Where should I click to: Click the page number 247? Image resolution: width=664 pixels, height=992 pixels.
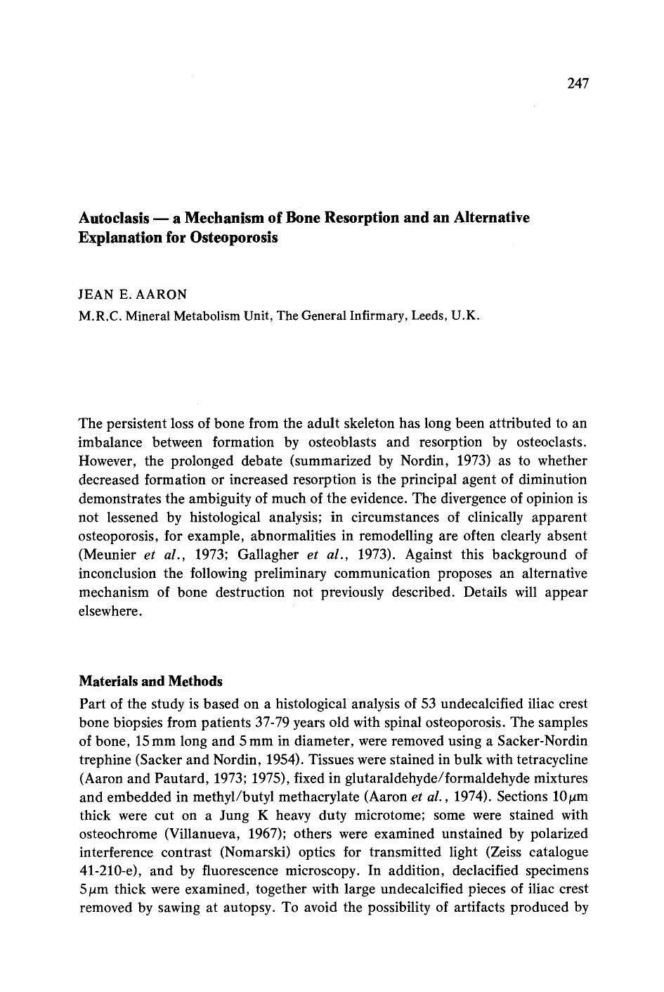click(x=577, y=84)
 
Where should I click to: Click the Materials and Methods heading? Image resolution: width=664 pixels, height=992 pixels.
click(x=151, y=681)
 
